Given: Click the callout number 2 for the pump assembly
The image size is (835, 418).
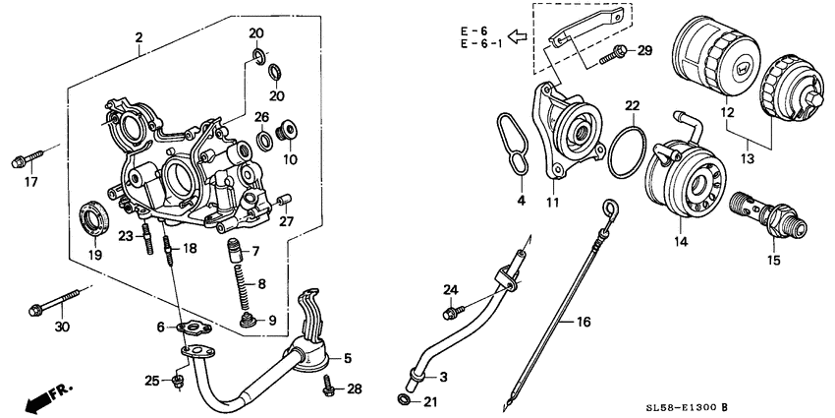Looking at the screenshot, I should pyautogui.click(x=139, y=38).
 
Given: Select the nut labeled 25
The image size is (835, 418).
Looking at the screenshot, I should pyautogui.click(x=178, y=380).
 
